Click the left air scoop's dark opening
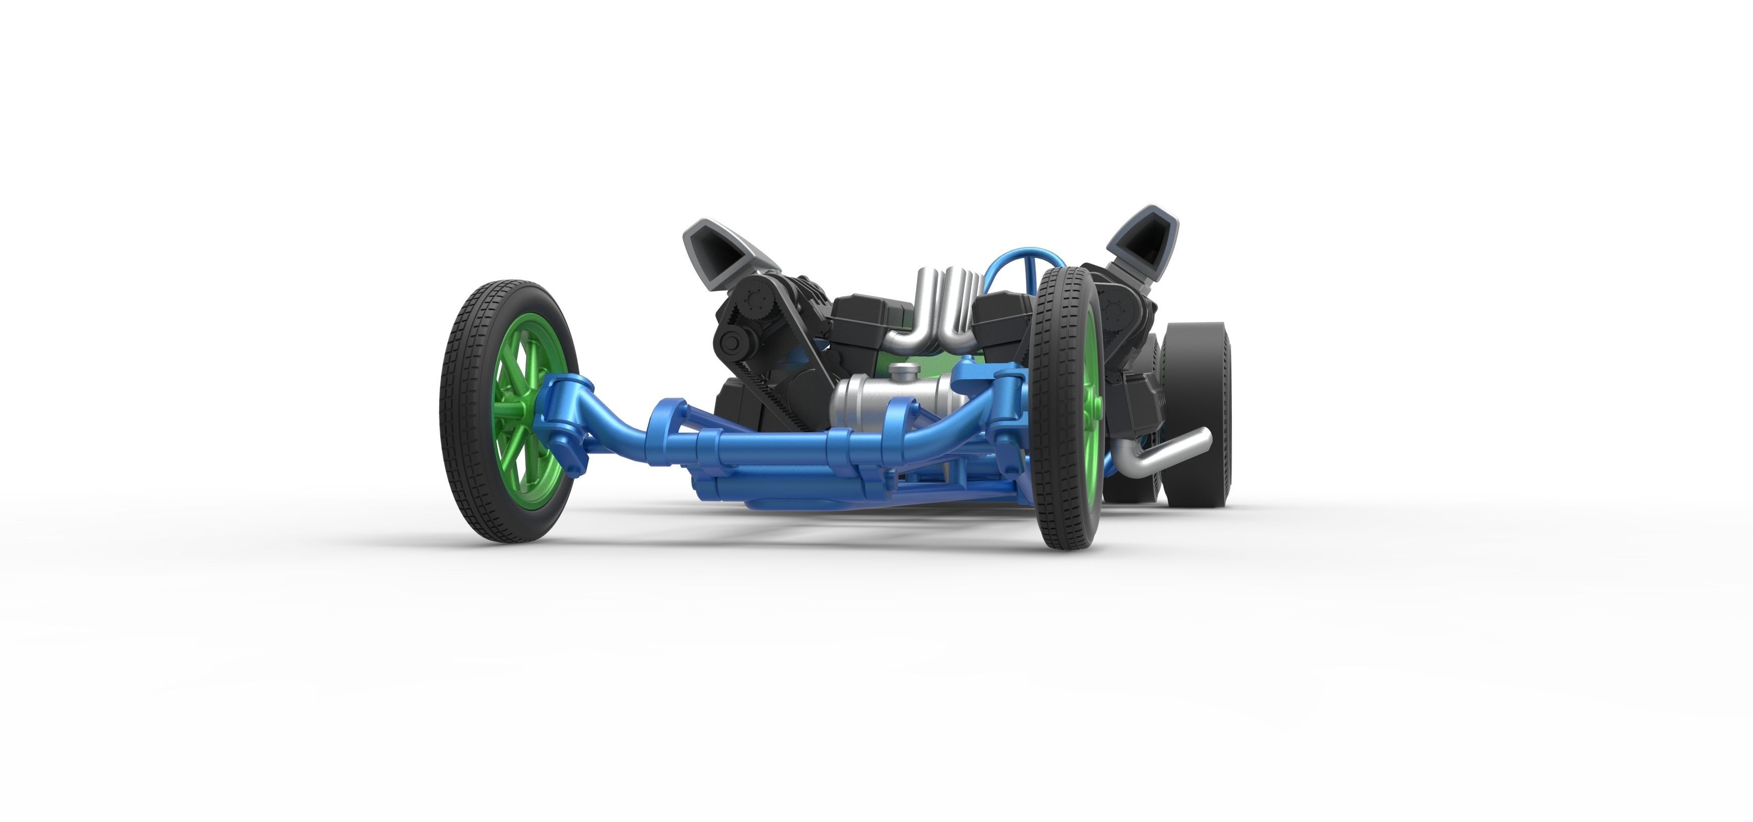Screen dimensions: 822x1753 pyautogui.click(x=720, y=252)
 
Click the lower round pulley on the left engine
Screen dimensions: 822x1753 pyautogui.click(x=732, y=341)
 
